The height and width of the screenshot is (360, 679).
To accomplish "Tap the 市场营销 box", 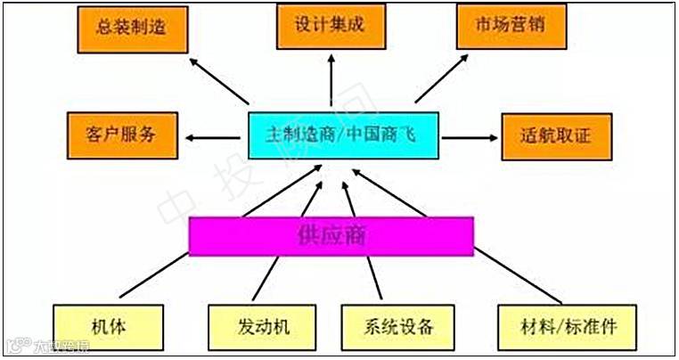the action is (511, 27).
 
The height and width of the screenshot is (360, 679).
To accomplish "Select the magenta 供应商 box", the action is (331, 236).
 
